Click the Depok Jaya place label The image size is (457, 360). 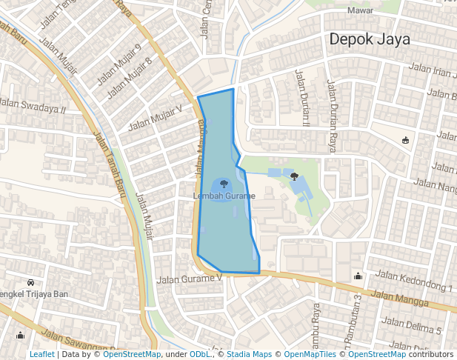[x=369, y=39]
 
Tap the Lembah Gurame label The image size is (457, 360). [x=224, y=196]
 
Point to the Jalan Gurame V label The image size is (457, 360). [x=190, y=279]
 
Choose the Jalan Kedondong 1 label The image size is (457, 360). [x=414, y=281]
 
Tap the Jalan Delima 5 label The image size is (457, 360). [x=412, y=325]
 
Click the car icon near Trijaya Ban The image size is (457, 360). [x=30, y=283]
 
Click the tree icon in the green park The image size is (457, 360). [x=295, y=176]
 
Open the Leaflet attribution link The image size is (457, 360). [x=41, y=355]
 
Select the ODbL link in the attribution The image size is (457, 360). [x=200, y=355]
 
